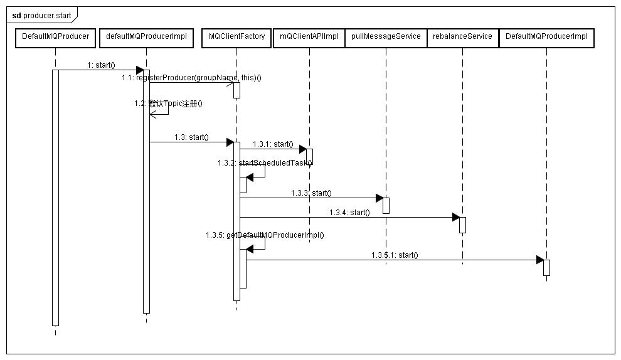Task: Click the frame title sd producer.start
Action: [x=42, y=14]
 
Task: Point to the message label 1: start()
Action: [x=101, y=65]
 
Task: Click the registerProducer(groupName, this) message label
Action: [x=191, y=78]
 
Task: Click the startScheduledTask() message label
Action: [x=265, y=163]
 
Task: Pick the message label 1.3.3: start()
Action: [x=311, y=193]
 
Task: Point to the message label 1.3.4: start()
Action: [x=349, y=213]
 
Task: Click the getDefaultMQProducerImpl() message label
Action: [x=264, y=235]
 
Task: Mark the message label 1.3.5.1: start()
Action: [x=394, y=255]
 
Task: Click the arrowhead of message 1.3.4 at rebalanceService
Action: [x=455, y=217]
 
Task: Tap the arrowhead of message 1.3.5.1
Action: [x=539, y=260]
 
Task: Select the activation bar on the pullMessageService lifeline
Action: [x=386, y=206]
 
